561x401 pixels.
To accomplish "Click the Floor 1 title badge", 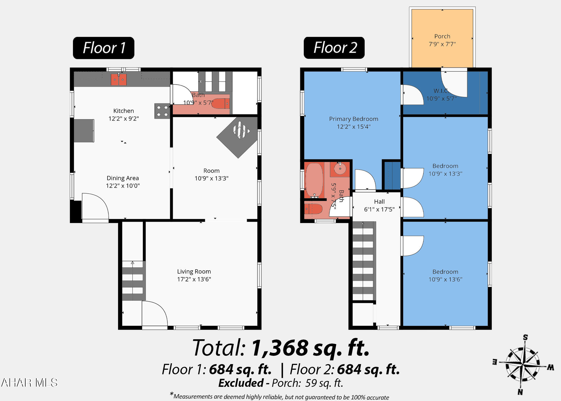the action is tap(104, 48).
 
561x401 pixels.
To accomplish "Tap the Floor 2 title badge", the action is tap(334, 48).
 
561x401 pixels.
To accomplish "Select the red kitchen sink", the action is tap(119, 80).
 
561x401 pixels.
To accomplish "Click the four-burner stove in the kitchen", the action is tap(162, 111).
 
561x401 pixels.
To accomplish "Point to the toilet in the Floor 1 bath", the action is tap(221, 103).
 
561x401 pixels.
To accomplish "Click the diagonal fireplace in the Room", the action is tap(237, 137).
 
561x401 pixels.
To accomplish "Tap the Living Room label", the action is tap(194, 272).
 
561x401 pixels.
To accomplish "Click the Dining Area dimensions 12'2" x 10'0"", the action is tap(123, 186).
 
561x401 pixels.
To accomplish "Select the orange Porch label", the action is tap(442, 36).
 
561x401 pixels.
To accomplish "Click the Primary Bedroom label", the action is tap(354, 119).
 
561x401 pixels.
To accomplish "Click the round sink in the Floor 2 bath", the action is tap(340, 169).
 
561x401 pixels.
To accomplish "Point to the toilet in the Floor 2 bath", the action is tap(313, 209).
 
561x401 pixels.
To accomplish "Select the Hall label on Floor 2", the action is tap(379, 202).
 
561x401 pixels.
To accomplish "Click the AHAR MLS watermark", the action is tap(29, 383).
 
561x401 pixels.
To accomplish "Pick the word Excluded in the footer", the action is tap(241, 383).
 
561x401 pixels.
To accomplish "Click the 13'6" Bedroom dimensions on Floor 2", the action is tap(445, 279).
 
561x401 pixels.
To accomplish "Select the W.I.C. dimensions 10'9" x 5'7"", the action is tap(441, 99).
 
